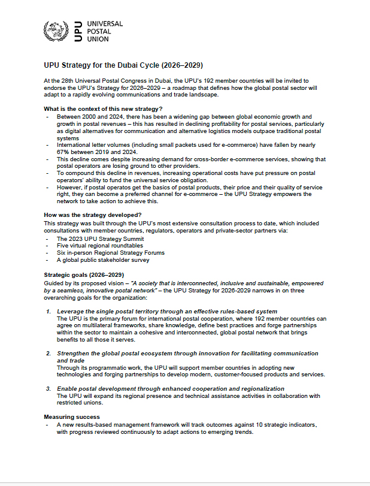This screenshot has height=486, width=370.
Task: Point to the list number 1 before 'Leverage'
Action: [48, 312]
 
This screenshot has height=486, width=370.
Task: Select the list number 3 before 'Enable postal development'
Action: [48, 389]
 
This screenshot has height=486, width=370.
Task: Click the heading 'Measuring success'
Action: [72, 416]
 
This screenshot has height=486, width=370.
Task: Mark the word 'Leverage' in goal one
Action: [70, 312]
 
